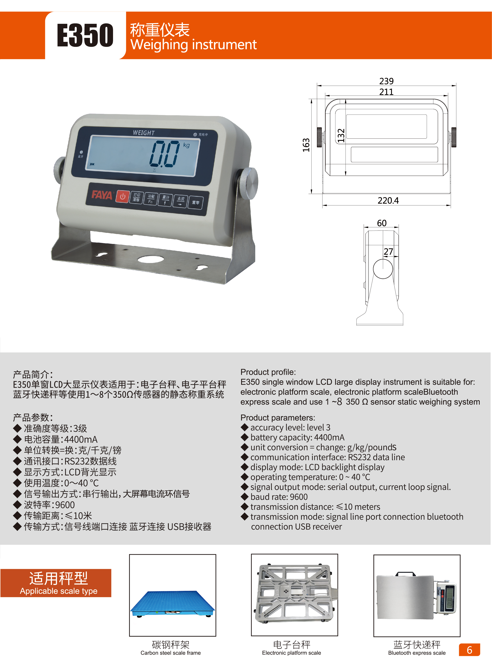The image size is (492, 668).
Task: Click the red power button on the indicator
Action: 122,197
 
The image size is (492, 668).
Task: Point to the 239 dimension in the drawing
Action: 386,81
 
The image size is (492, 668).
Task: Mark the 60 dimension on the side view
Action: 382,223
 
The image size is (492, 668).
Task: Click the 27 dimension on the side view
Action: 388,252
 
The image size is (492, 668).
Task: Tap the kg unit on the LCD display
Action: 186,145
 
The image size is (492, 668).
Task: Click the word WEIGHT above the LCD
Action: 144,133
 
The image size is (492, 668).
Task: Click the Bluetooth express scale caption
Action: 417,653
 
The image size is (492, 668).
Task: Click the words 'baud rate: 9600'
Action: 279,497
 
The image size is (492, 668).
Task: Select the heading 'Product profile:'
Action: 268,372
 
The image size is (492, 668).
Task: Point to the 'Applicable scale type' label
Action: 59,591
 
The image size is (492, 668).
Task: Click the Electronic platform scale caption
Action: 291,653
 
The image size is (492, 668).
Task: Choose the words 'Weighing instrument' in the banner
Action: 193,45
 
